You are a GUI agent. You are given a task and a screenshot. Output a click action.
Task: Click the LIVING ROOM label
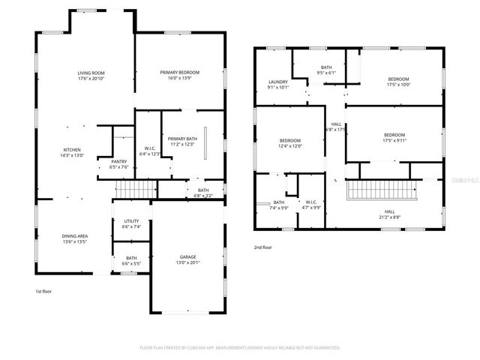coord(90,73)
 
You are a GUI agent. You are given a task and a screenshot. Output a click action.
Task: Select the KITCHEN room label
coord(72,150)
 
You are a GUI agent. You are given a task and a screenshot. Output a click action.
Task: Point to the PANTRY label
coord(119,161)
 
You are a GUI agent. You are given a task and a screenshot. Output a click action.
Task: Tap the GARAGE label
coord(187,256)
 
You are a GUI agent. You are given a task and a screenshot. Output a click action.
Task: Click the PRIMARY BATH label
coord(182,139)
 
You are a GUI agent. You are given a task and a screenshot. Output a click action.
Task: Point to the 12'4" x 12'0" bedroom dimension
coord(290,146)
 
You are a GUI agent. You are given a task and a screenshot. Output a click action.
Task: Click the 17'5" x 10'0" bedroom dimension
coord(398,85)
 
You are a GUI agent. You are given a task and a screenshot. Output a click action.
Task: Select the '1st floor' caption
coord(44,291)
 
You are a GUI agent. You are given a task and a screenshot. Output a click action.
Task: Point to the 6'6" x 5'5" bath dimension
coord(131,264)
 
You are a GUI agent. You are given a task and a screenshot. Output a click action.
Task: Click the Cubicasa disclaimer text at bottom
coord(240,347)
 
